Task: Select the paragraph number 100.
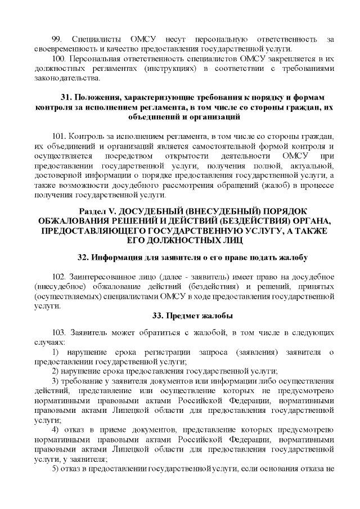(x=58, y=58)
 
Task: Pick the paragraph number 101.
(x=58, y=137)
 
